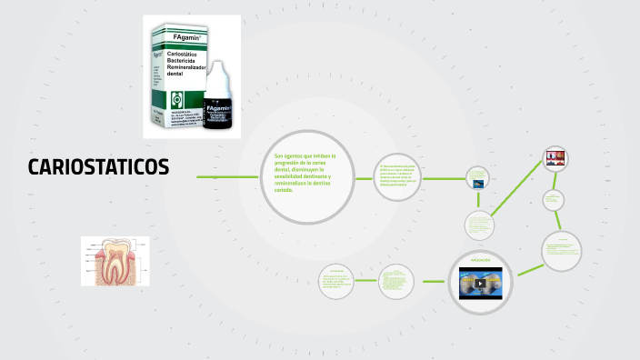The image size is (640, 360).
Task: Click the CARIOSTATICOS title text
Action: (98, 167)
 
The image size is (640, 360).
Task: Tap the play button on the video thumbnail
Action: (481, 283)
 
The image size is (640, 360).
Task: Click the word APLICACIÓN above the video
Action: (481, 260)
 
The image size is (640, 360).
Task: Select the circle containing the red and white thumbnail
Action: (555, 160)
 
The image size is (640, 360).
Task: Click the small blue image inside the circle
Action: (477, 182)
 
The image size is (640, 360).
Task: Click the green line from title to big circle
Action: (224, 176)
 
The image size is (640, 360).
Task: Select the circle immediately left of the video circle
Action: (395, 281)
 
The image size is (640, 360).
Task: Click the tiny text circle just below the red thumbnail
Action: (554, 199)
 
